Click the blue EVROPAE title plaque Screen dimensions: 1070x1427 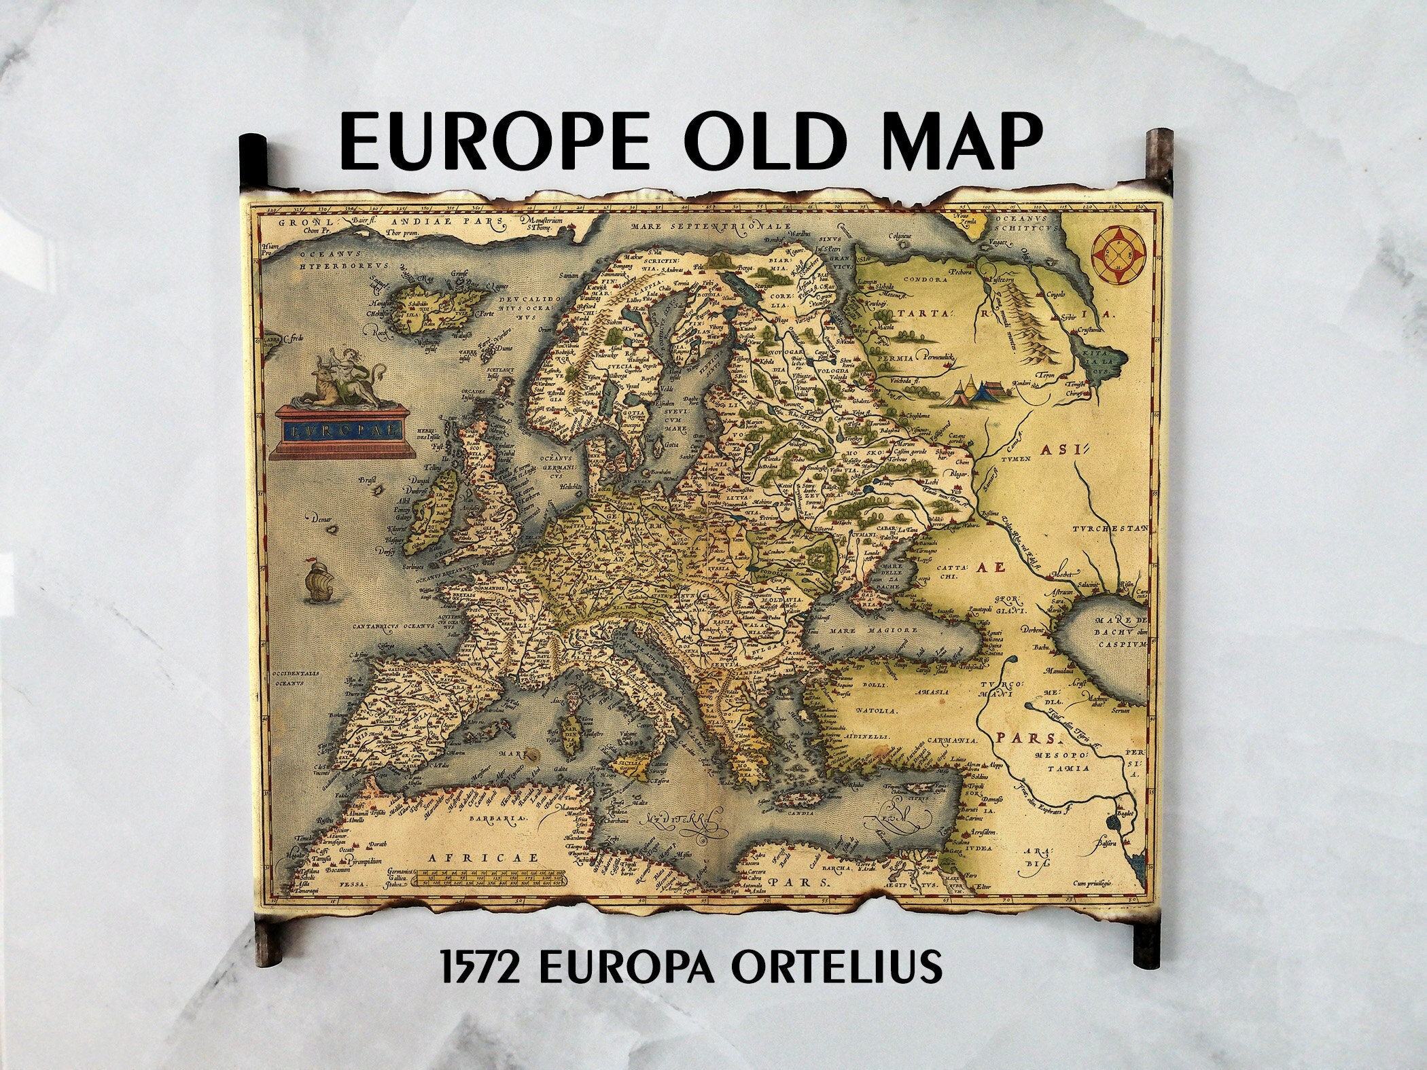point(338,429)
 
